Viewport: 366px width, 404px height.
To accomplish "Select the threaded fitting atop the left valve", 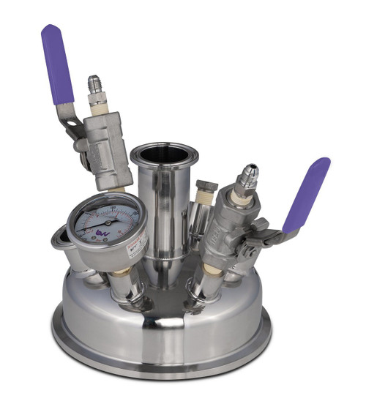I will point(94,86).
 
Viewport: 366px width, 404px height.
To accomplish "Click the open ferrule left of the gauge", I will point(61,242).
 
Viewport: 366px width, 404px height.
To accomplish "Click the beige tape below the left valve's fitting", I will point(98,106).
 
